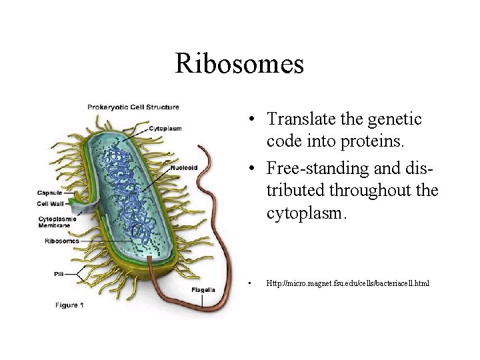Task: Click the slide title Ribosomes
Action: click(239, 64)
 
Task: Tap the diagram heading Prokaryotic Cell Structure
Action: click(133, 107)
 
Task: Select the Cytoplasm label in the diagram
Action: click(165, 128)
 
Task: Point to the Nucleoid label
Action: click(183, 167)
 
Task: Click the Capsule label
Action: click(50, 193)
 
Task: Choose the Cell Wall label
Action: click(51, 204)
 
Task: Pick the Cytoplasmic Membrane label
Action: click(57, 222)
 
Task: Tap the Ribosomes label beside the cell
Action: click(61, 241)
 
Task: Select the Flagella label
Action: click(202, 289)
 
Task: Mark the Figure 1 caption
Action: click(69, 305)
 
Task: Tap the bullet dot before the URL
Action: click(247, 284)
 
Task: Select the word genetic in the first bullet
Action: click(399, 119)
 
